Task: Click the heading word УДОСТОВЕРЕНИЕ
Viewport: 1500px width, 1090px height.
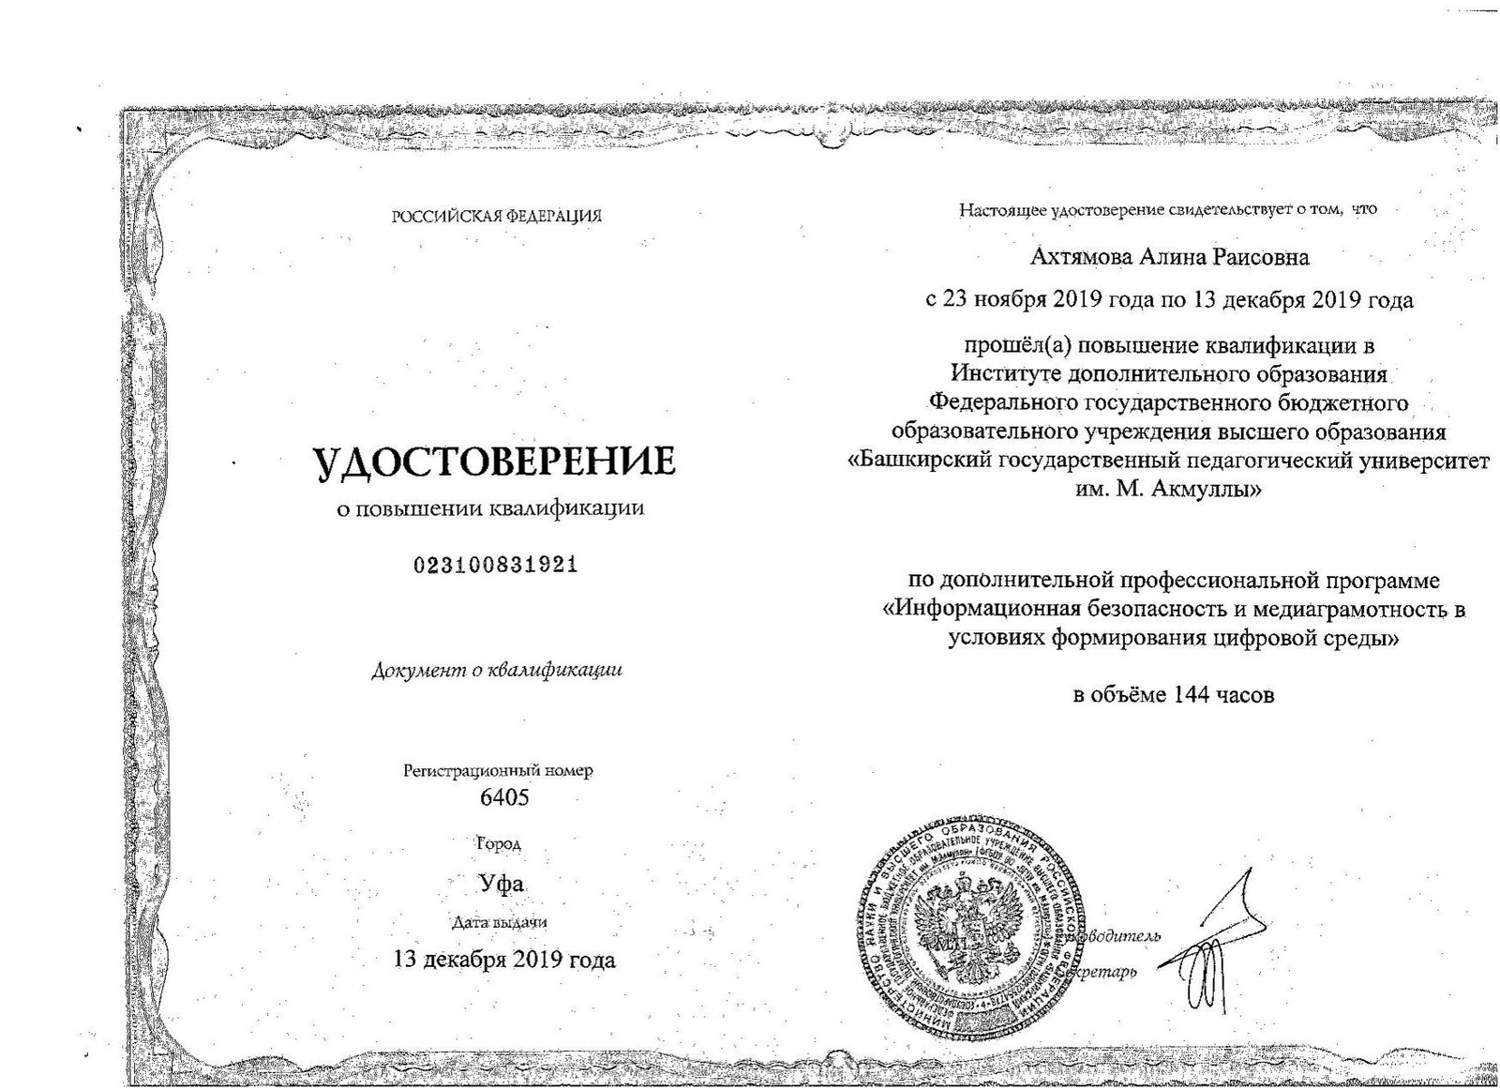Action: pyautogui.click(x=494, y=462)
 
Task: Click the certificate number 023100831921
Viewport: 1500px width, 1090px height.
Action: pyautogui.click(x=495, y=565)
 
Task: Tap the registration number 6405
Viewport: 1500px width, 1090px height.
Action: pyautogui.click(x=504, y=797)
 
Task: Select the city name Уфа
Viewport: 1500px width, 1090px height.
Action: pyautogui.click(x=502, y=884)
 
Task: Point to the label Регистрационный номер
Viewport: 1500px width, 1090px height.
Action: pyautogui.click(x=498, y=771)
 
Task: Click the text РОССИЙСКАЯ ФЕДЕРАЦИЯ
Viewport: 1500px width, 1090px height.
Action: pyautogui.click(x=496, y=216)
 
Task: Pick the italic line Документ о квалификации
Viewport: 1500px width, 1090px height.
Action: pyautogui.click(x=497, y=670)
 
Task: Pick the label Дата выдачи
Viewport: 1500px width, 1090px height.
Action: pyautogui.click(x=499, y=922)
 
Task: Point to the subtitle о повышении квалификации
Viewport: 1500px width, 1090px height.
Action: pyautogui.click(x=490, y=509)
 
